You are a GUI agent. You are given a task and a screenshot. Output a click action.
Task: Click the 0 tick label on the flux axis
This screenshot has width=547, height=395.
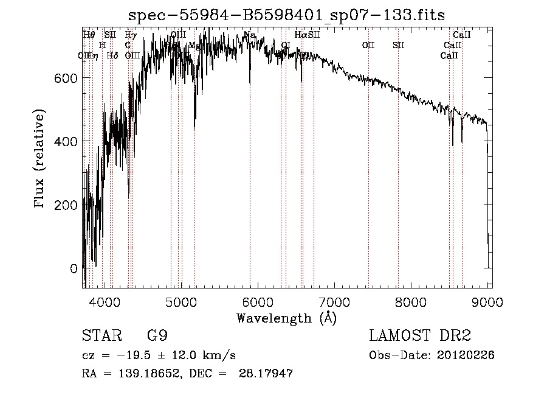[73, 268]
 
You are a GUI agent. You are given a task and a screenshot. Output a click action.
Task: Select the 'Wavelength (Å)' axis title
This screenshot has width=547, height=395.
[286, 317]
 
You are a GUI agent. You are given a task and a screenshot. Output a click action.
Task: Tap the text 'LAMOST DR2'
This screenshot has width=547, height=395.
[420, 336]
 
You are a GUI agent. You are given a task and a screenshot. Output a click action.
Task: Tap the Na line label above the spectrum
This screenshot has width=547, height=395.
[249, 35]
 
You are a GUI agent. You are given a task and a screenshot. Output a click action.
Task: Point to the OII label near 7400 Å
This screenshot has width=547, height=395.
[368, 45]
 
